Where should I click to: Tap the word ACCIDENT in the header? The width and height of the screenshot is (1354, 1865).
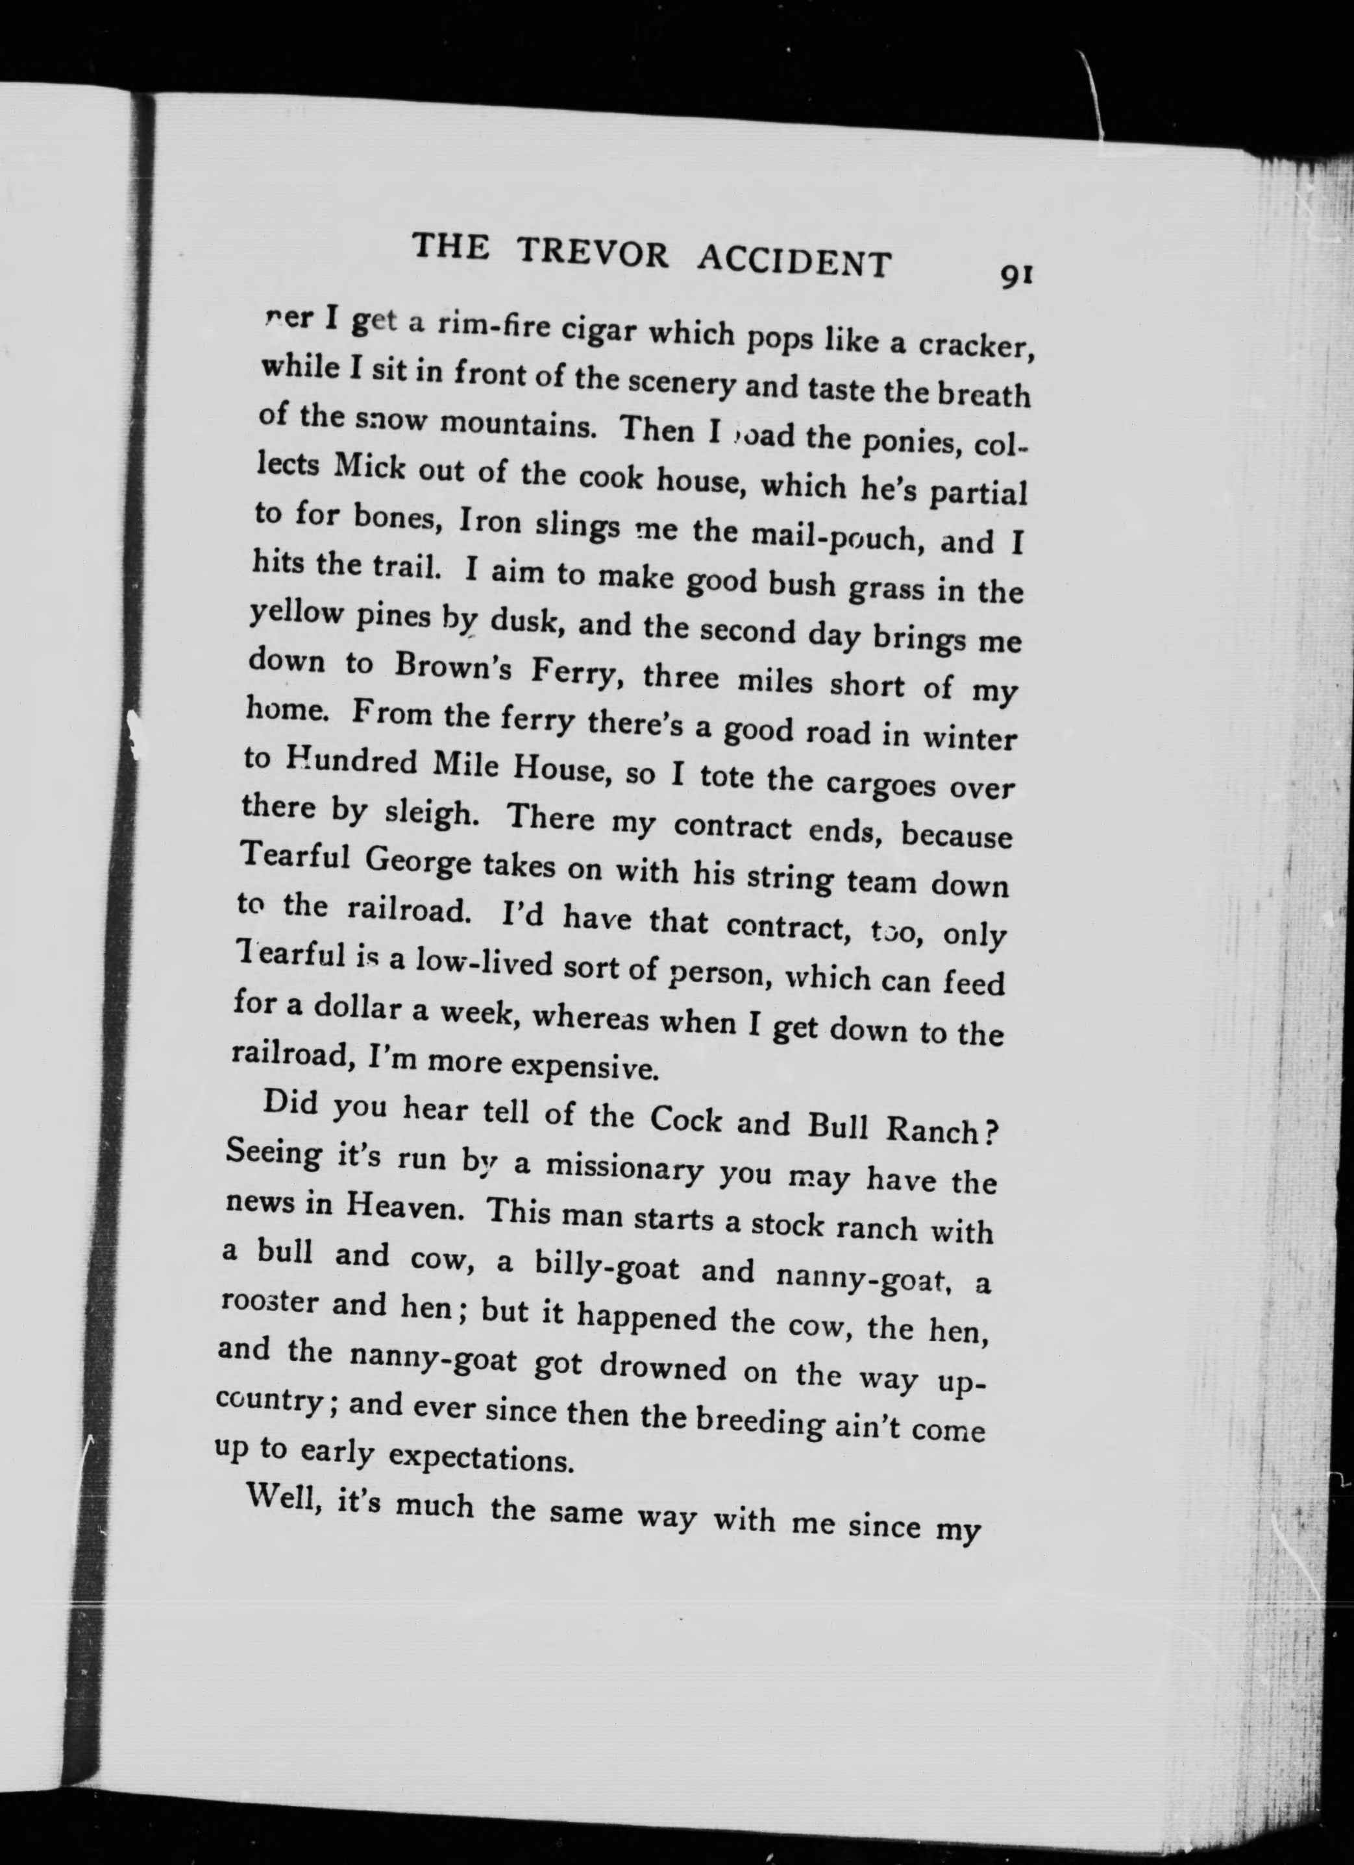[x=794, y=261]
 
